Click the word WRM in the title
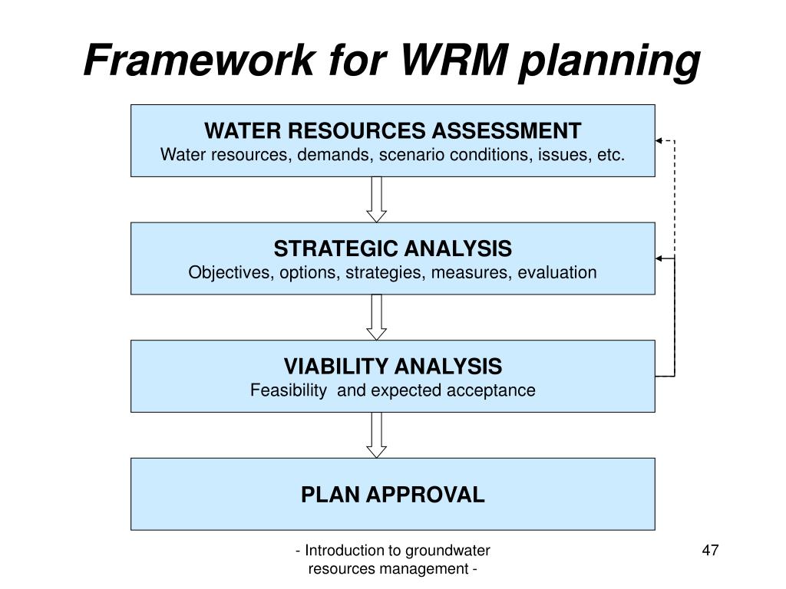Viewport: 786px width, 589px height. click(449, 60)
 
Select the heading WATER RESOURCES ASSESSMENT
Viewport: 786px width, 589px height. click(392, 130)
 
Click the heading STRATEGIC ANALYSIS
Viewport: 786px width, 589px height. click(392, 248)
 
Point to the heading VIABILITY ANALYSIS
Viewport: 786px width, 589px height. click(392, 366)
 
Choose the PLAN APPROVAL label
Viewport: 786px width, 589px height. click(392, 495)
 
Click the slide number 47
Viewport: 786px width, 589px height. click(710, 550)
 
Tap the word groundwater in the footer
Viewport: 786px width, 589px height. click(448, 550)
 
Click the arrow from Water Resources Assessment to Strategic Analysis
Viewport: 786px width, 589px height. click(376, 199)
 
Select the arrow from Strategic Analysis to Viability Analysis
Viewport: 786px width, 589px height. click(376, 318)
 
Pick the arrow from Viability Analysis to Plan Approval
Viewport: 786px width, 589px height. click(376, 435)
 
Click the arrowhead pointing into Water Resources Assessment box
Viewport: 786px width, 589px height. click(659, 141)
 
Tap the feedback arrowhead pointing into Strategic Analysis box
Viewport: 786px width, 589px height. click(659, 259)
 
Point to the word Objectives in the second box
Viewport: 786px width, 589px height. click(223, 273)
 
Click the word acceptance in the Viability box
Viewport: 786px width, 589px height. click(497, 390)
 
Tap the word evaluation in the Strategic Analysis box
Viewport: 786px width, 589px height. click(557, 273)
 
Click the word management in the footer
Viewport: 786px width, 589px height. click(425, 568)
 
